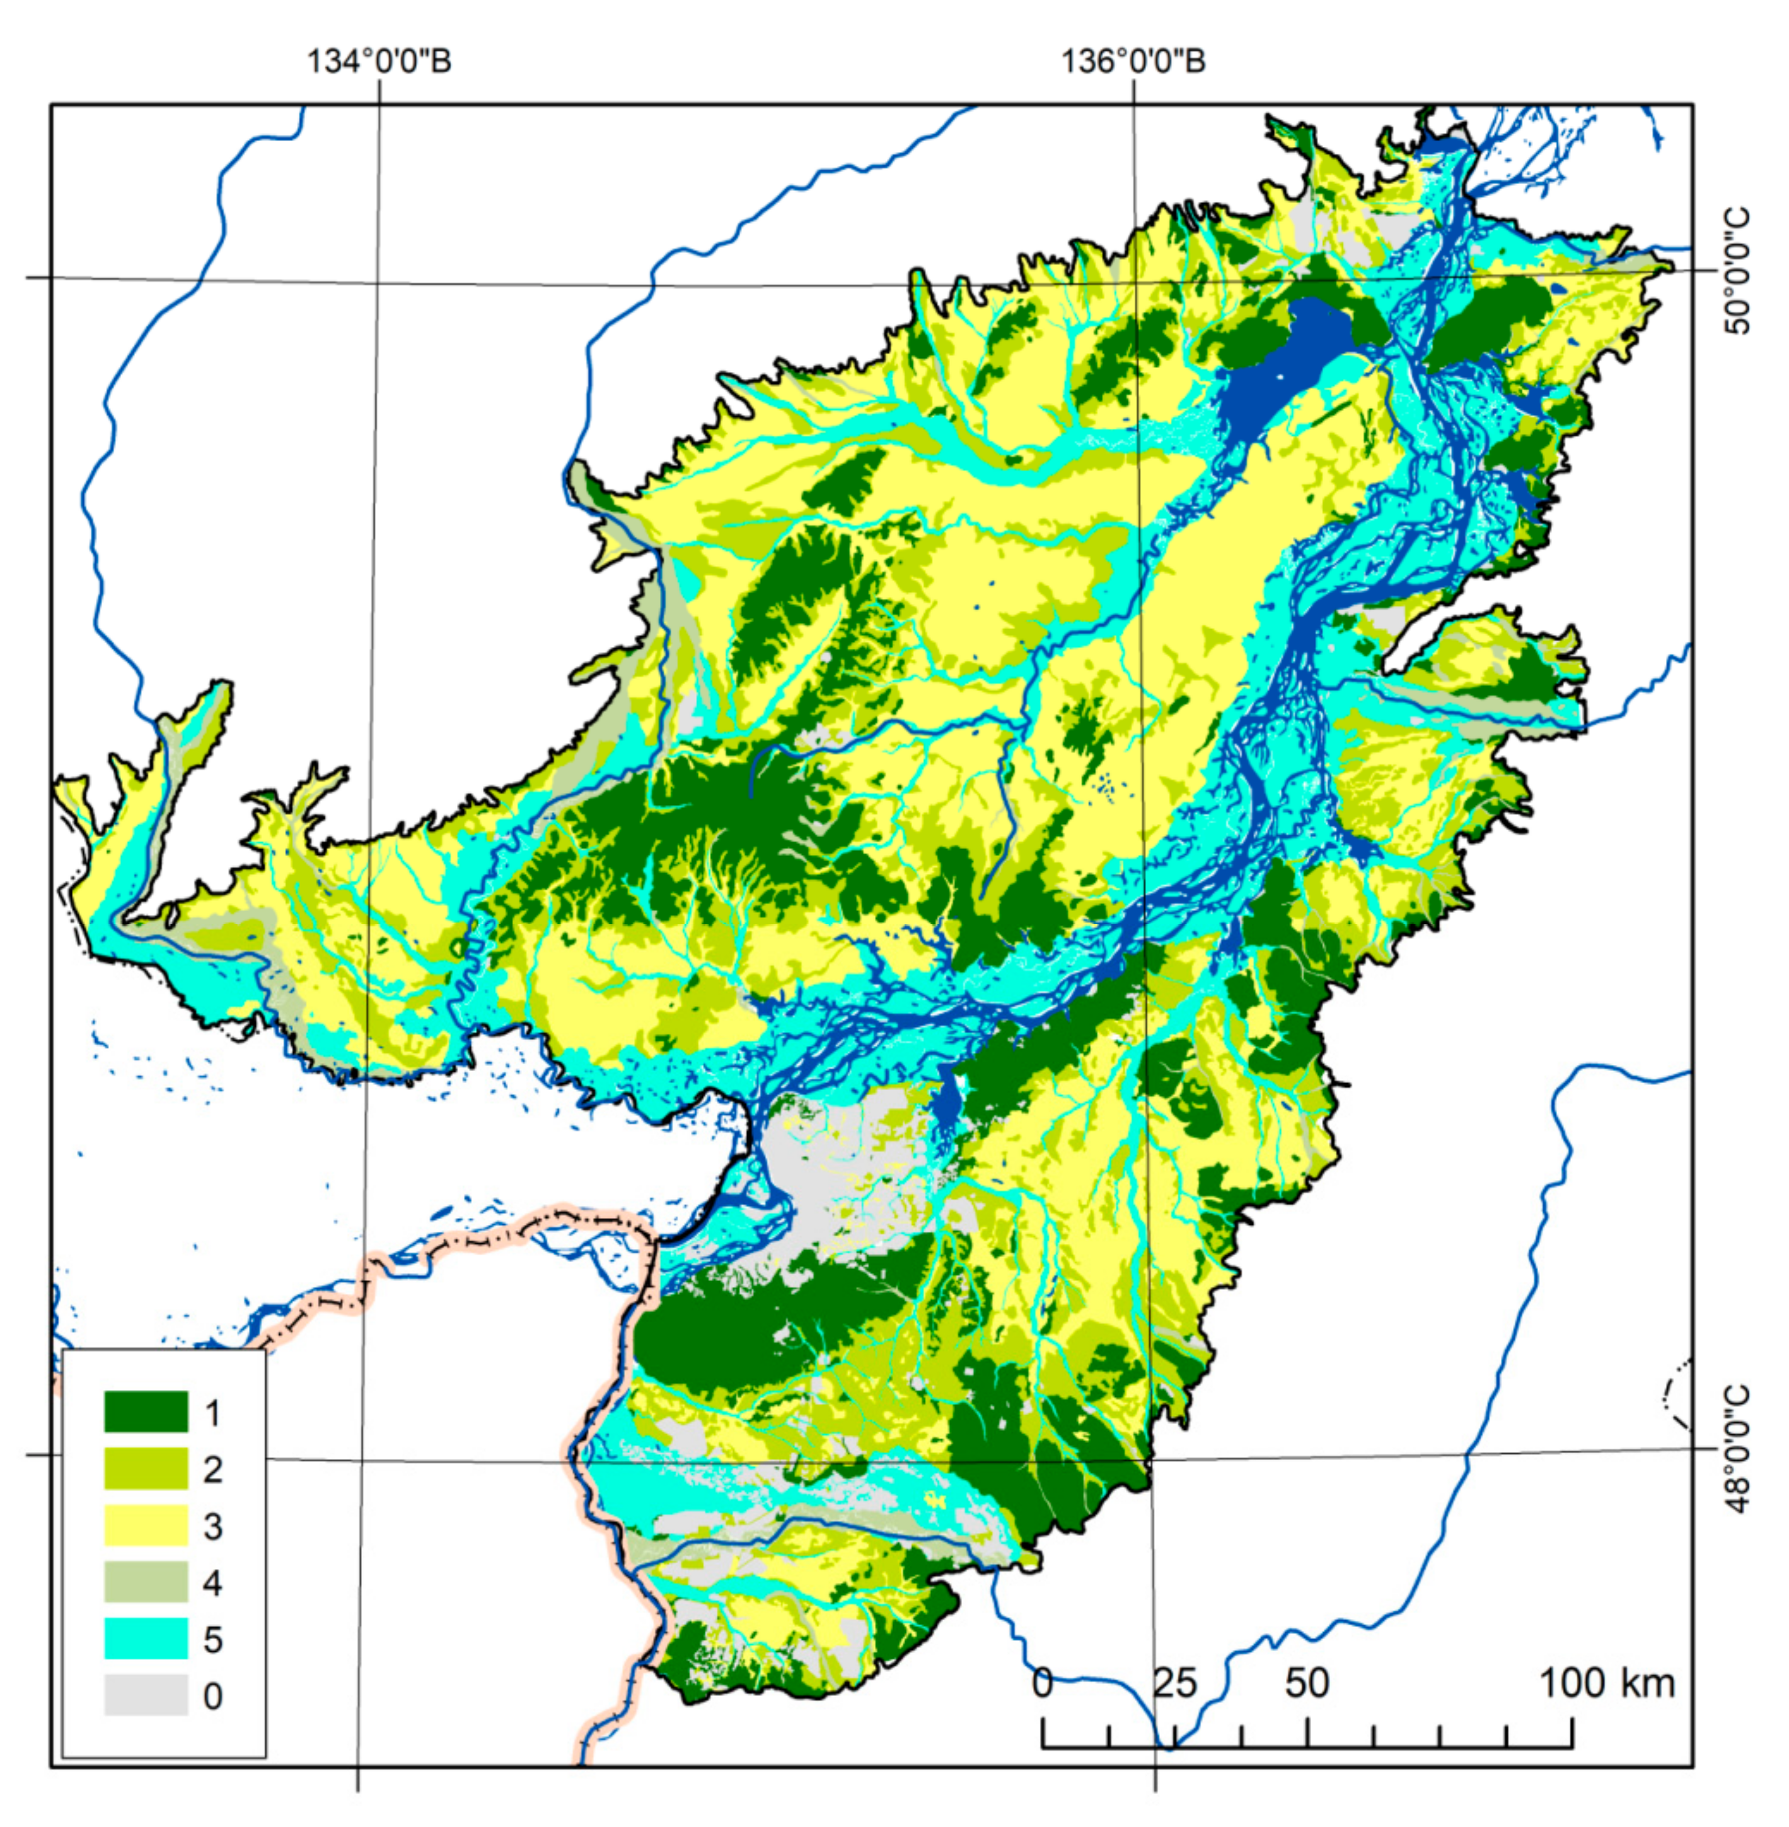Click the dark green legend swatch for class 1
point(146,1412)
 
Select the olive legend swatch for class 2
point(146,1468)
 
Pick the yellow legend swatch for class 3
point(146,1525)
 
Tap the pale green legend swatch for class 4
point(146,1582)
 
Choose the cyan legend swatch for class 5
point(146,1638)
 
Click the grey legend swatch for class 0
point(146,1695)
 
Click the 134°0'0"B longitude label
point(379,61)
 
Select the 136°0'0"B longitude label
point(1133,61)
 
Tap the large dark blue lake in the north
point(1283,366)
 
